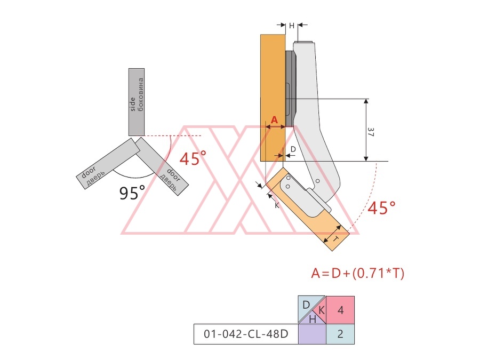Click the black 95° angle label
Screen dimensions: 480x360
point(132,193)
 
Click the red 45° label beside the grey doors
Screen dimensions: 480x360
point(193,158)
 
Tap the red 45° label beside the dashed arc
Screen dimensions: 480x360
point(381,208)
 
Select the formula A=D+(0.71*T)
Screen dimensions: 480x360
point(357,273)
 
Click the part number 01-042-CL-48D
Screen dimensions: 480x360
point(246,334)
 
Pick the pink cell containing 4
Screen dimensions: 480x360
point(340,310)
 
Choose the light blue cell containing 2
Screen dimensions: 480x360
point(340,334)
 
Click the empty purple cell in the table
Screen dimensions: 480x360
point(311,334)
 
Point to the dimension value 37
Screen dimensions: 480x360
point(371,132)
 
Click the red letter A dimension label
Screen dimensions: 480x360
point(274,119)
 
